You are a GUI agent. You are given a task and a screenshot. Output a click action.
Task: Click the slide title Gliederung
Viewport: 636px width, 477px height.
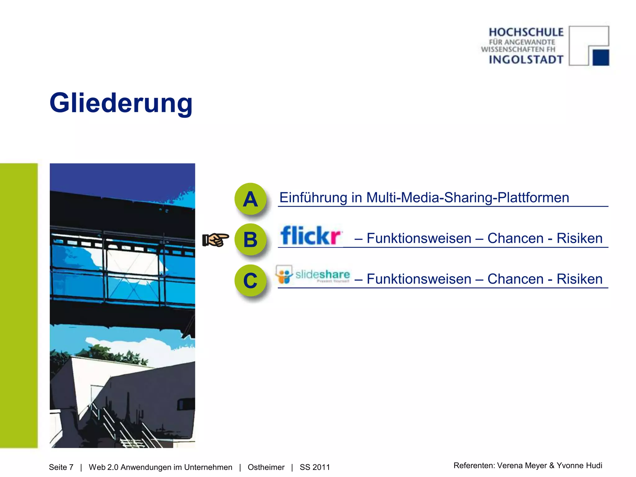point(121,103)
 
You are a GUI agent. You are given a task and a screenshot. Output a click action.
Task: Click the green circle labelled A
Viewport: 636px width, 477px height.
point(250,199)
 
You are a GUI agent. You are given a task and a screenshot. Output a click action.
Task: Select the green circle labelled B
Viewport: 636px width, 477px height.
point(250,239)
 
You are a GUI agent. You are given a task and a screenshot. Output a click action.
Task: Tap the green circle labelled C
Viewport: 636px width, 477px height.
point(250,280)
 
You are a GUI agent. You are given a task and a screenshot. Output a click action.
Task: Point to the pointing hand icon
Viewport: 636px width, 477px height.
point(216,240)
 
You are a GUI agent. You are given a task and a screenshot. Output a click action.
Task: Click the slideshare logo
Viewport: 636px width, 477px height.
point(313,274)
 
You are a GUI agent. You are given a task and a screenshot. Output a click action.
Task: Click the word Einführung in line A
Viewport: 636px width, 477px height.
point(313,198)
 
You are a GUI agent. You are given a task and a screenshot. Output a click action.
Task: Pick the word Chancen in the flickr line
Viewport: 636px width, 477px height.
point(515,238)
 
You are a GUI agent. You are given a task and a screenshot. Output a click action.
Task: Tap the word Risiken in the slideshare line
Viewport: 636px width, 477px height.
point(579,279)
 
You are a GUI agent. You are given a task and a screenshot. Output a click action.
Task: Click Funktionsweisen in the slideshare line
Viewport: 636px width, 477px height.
point(419,279)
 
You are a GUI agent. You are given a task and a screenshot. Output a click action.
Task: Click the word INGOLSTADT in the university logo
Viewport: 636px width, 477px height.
point(526,59)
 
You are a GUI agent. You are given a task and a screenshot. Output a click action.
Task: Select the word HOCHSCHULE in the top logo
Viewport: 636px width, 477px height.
point(526,32)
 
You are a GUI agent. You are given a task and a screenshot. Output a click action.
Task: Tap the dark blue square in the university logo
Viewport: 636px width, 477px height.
point(601,57)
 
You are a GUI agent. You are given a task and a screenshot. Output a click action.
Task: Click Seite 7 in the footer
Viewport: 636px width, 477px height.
point(61,467)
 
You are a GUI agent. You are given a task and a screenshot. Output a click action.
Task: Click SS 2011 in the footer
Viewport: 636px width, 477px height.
point(315,467)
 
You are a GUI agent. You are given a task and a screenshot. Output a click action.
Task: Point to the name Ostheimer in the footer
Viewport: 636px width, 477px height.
point(266,467)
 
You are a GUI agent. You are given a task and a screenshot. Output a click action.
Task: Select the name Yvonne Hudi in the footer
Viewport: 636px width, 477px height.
point(579,465)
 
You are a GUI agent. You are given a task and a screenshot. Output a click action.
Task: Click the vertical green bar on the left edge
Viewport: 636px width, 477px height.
point(19,305)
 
